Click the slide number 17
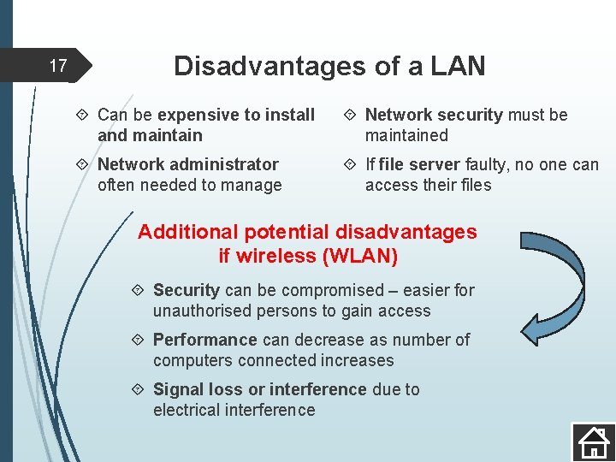point(57,66)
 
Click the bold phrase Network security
point(434,115)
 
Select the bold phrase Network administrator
point(187,164)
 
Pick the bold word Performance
point(204,340)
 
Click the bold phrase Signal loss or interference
point(259,389)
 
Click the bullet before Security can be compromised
point(141,291)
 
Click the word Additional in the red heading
point(180,232)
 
